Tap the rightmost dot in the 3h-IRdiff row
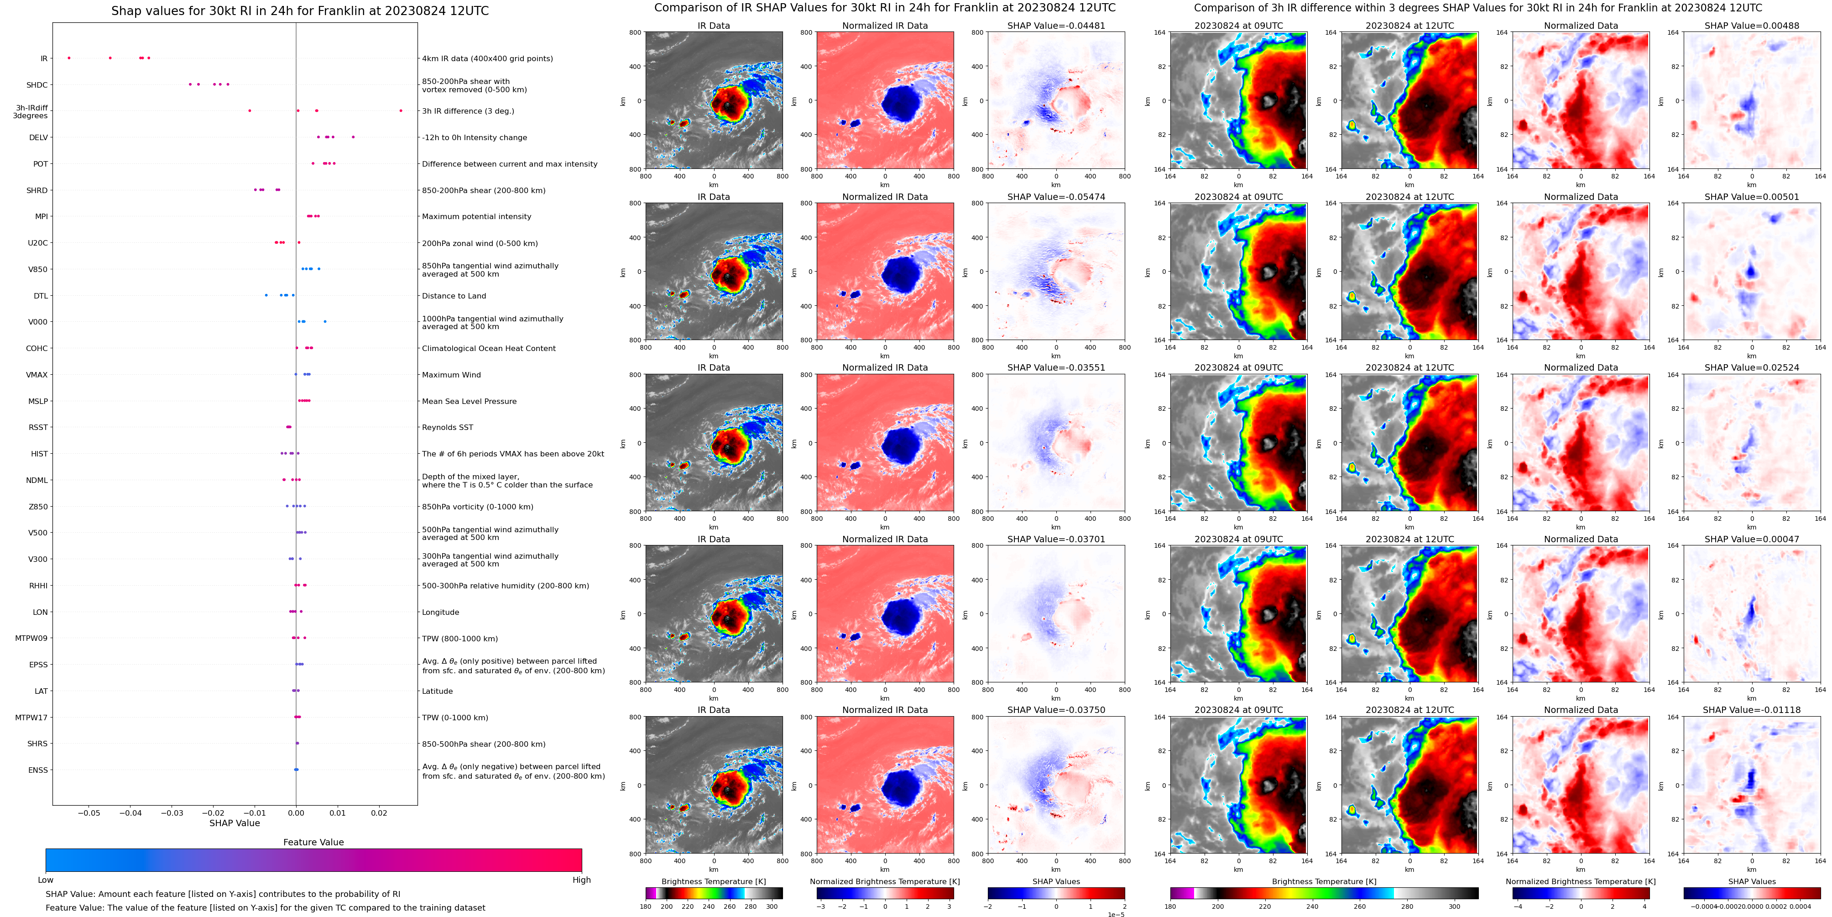tap(401, 110)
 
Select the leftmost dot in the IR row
tap(69, 58)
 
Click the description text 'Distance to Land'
tap(454, 296)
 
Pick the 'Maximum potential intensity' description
tap(476, 216)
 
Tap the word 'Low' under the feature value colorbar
tap(46, 880)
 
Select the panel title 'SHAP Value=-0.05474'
tap(1056, 197)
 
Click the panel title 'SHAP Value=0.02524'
tap(1752, 368)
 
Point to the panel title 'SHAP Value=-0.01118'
tap(1752, 710)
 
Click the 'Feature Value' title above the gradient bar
tap(313, 842)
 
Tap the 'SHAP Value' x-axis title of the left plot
tap(235, 823)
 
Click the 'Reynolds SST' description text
tap(447, 428)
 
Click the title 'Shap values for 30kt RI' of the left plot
tap(299, 10)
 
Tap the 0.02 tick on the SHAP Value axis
tap(379, 812)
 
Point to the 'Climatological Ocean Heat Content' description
tap(489, 349)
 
